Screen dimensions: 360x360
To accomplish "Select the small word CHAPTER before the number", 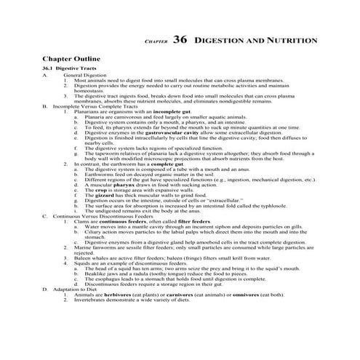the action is pyautogui.click(x=156, y=42).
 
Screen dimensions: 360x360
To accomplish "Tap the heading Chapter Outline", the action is pyautogui.click(x=71, y=57).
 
